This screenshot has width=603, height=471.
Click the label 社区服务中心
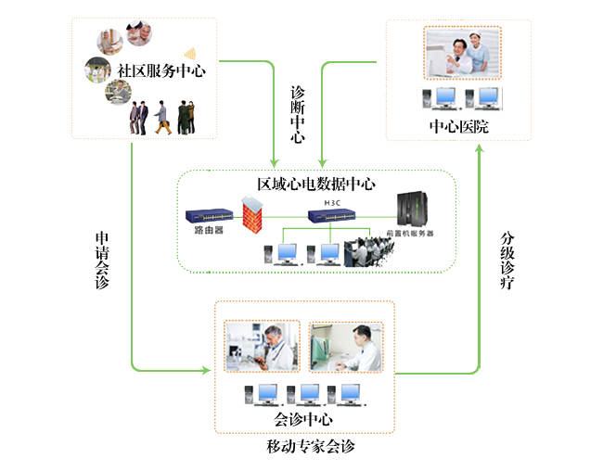pyautogui.click(x=160, y=70)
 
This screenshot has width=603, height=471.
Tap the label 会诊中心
pyautogui.click(x=303, y=419)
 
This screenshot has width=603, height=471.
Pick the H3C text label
pyautogui.click(x=333, y=201)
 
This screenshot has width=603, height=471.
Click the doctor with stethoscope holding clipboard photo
pyautogui.click(x=263, y=347)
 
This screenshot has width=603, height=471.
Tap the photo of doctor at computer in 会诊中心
pyautogui.click(x=345, y=347)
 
